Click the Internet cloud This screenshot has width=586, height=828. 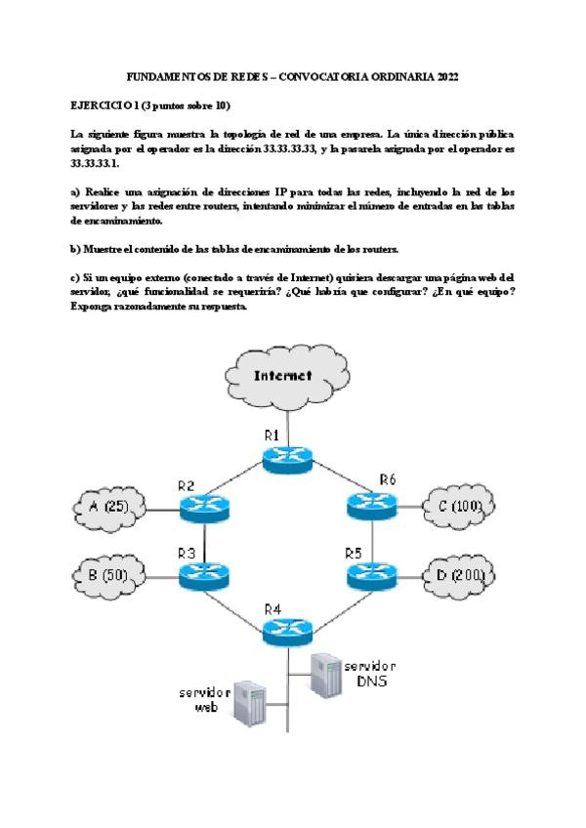click(283, 376)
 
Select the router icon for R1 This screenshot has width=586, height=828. click(287, 458)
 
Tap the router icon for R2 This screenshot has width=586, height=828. click(203, 506)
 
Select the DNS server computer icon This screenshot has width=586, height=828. click(324, 674)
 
